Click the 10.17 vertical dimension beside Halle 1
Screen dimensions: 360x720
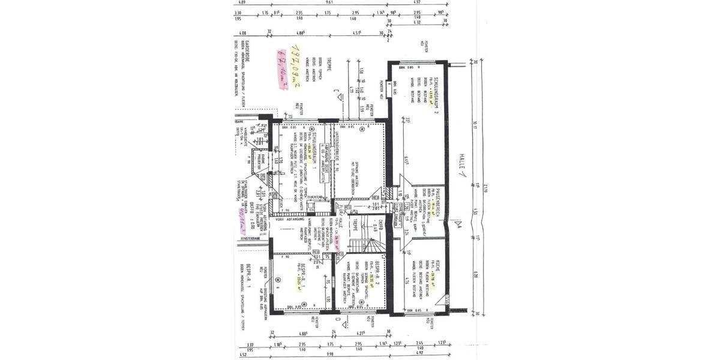click(x=474, y=124)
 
